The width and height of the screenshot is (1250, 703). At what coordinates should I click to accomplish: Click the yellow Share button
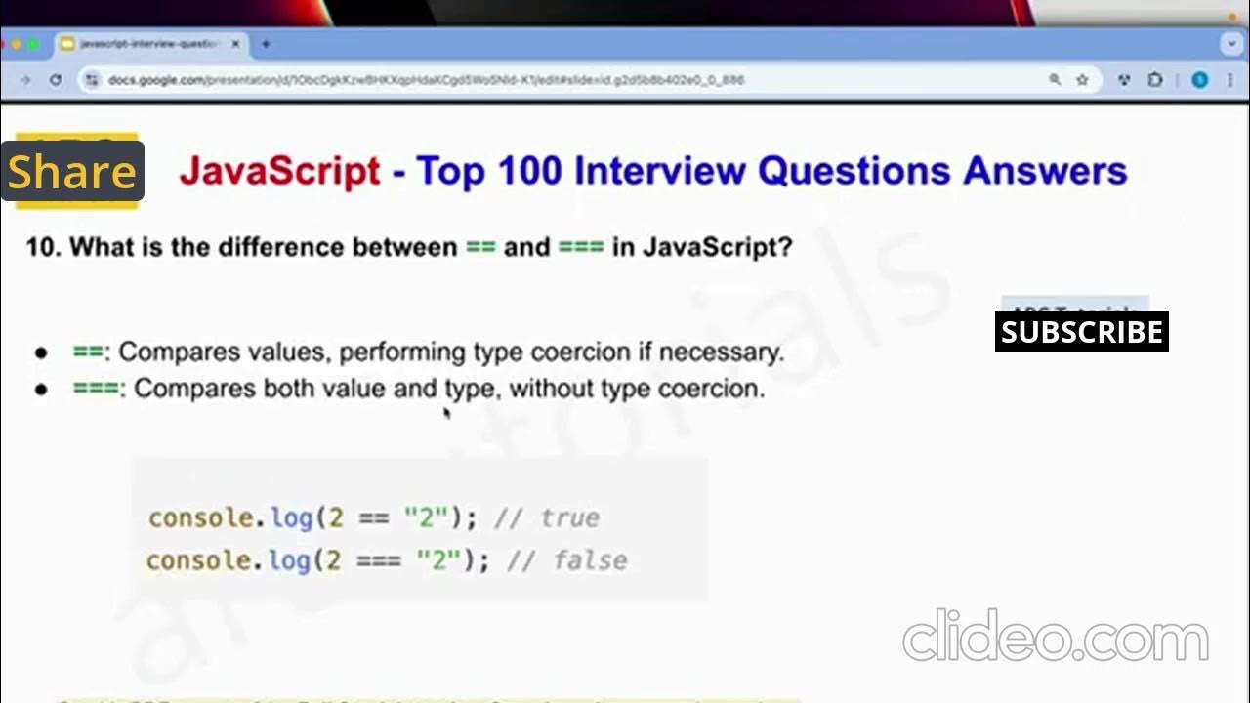pyautogui.click(x=72, y=172)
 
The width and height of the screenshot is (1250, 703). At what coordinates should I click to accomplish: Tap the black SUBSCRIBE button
pyautogui.click(x=1081, y=332)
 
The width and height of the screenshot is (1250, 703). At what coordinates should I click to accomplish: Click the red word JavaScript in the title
pyautogui.click(x=279, y=171)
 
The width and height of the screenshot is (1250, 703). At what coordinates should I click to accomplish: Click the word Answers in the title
pyautogui.click(x=1045, y=171)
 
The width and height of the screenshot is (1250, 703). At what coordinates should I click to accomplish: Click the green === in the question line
pyautogui.click(x=580, y=247)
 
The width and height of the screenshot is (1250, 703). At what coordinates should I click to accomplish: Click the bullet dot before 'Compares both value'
pyautogui.click(x=41, y=390)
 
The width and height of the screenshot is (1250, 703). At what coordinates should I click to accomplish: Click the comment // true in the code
pyautogui.click(x=547, y=517)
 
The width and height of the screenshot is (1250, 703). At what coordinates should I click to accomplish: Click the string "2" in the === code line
pyautogui.click(x=438, y=560)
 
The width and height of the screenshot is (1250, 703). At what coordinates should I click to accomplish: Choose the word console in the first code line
pyautogui.click(x=200, y=517)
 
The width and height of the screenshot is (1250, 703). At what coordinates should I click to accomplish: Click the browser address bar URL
pyautogui.click(x=426, y=80)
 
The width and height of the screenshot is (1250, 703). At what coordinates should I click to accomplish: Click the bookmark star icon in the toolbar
pyautogui.click(x=1082, y=80)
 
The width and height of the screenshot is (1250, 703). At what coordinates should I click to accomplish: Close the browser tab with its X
pyautogui.click(x=235, y=44)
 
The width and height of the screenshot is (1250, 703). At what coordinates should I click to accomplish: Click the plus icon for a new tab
pyautogui.click(x=265, y=44)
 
